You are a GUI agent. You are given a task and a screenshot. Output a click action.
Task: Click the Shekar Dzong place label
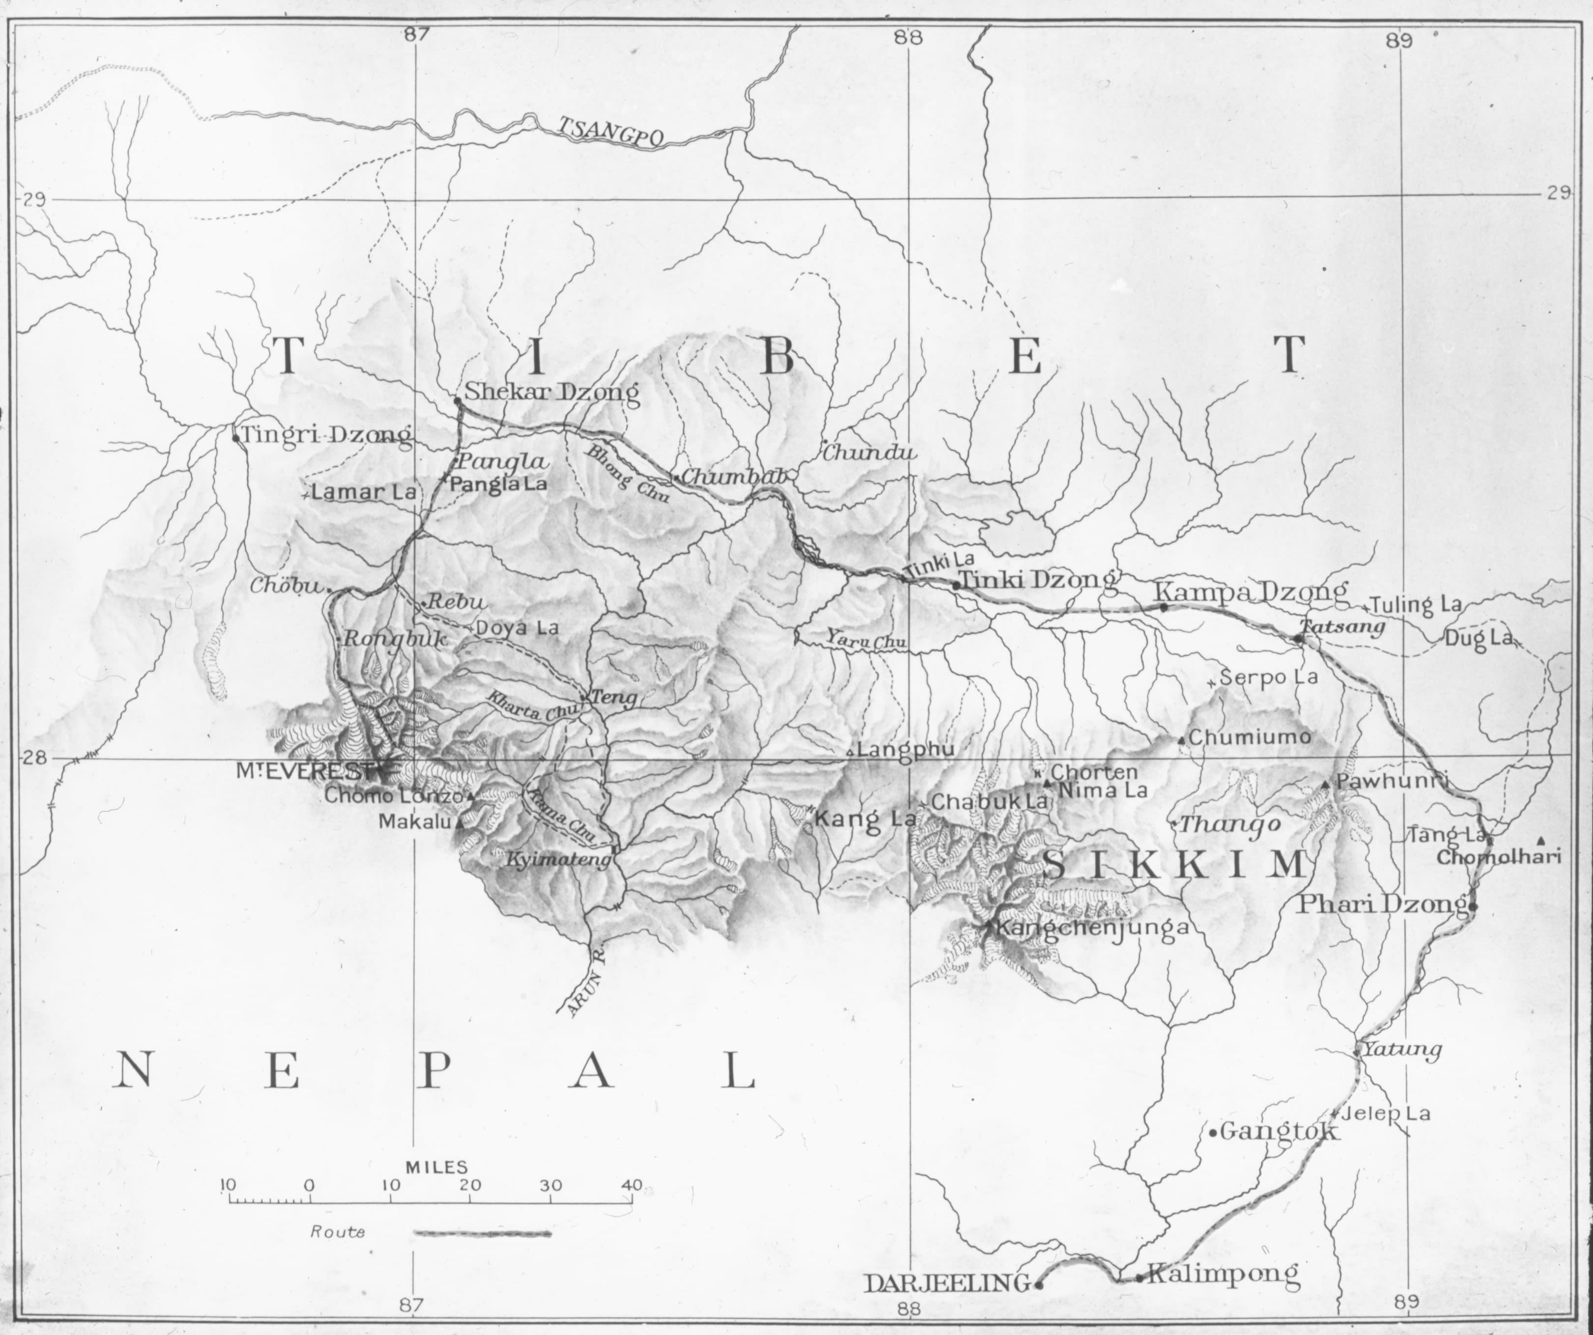pos(551,392)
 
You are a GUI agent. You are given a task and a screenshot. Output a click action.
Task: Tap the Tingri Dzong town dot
pos(236,438)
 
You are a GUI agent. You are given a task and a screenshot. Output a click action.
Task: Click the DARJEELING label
pos(948,1283)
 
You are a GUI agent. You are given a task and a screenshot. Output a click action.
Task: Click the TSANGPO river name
pos(611,131)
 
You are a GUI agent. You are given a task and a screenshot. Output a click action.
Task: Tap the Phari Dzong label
pos(1382,904)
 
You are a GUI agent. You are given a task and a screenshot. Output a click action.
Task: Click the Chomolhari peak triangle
pos(1540,840)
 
